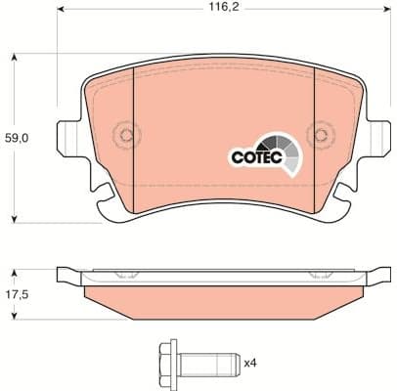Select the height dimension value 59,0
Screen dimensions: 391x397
pos(18,139)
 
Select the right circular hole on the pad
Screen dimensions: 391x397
pos(318,136)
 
